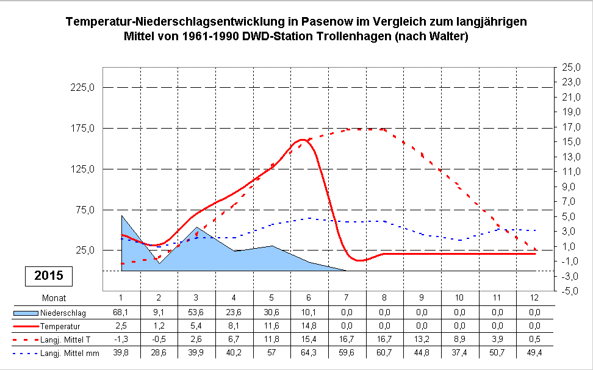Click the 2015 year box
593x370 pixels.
49,276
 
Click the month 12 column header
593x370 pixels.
536,297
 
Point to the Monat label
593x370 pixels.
54,297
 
